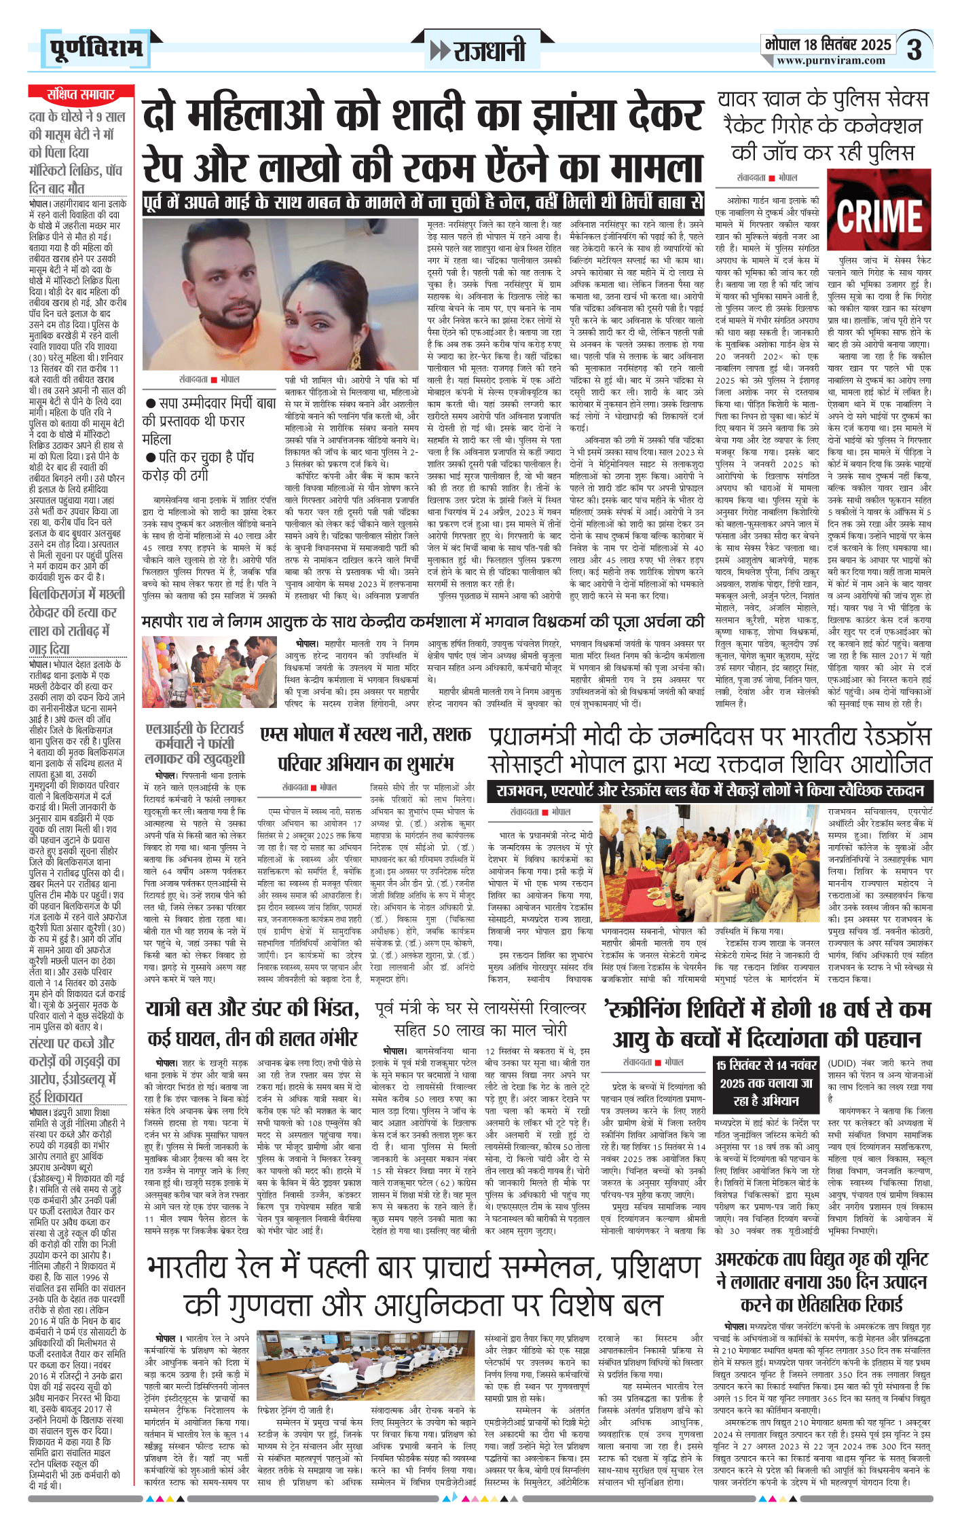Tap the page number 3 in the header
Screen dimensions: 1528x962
click(914, 50)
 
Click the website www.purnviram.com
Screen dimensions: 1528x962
click(831, 61)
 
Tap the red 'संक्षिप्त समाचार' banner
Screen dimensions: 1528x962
click(80, 94)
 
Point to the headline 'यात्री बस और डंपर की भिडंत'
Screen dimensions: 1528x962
click(252, 1009)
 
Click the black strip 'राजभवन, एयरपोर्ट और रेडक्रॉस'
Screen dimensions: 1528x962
click(709, 791)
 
